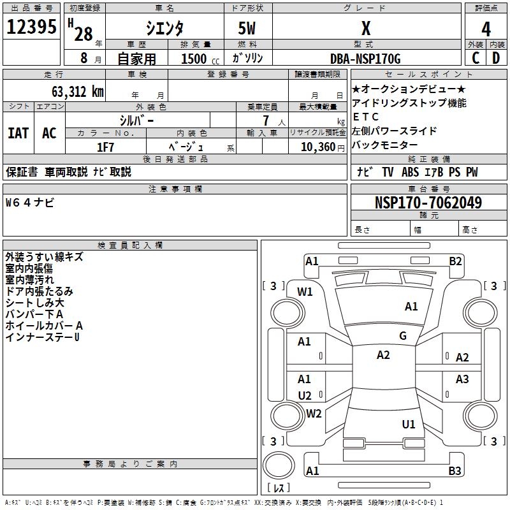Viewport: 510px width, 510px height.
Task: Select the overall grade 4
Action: pos(486,29)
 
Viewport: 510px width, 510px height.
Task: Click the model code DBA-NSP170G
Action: pos(366,59)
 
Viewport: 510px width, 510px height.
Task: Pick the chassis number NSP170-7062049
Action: pos(428,203)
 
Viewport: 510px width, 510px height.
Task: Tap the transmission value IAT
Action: pos(18,133)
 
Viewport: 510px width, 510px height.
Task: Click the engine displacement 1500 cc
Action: pos(194,59)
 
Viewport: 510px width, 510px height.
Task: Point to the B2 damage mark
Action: pos(455,261)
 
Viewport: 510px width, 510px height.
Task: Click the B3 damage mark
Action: pos(455,471)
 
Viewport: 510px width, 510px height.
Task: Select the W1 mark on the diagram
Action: pos(305,292)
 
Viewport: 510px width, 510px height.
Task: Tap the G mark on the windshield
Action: pos(403,336)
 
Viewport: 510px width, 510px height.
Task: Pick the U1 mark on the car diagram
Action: pos(409,424)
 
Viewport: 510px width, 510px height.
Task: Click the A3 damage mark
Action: pos(462,379)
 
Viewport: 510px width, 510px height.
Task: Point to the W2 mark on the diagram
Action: pos(314,414)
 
